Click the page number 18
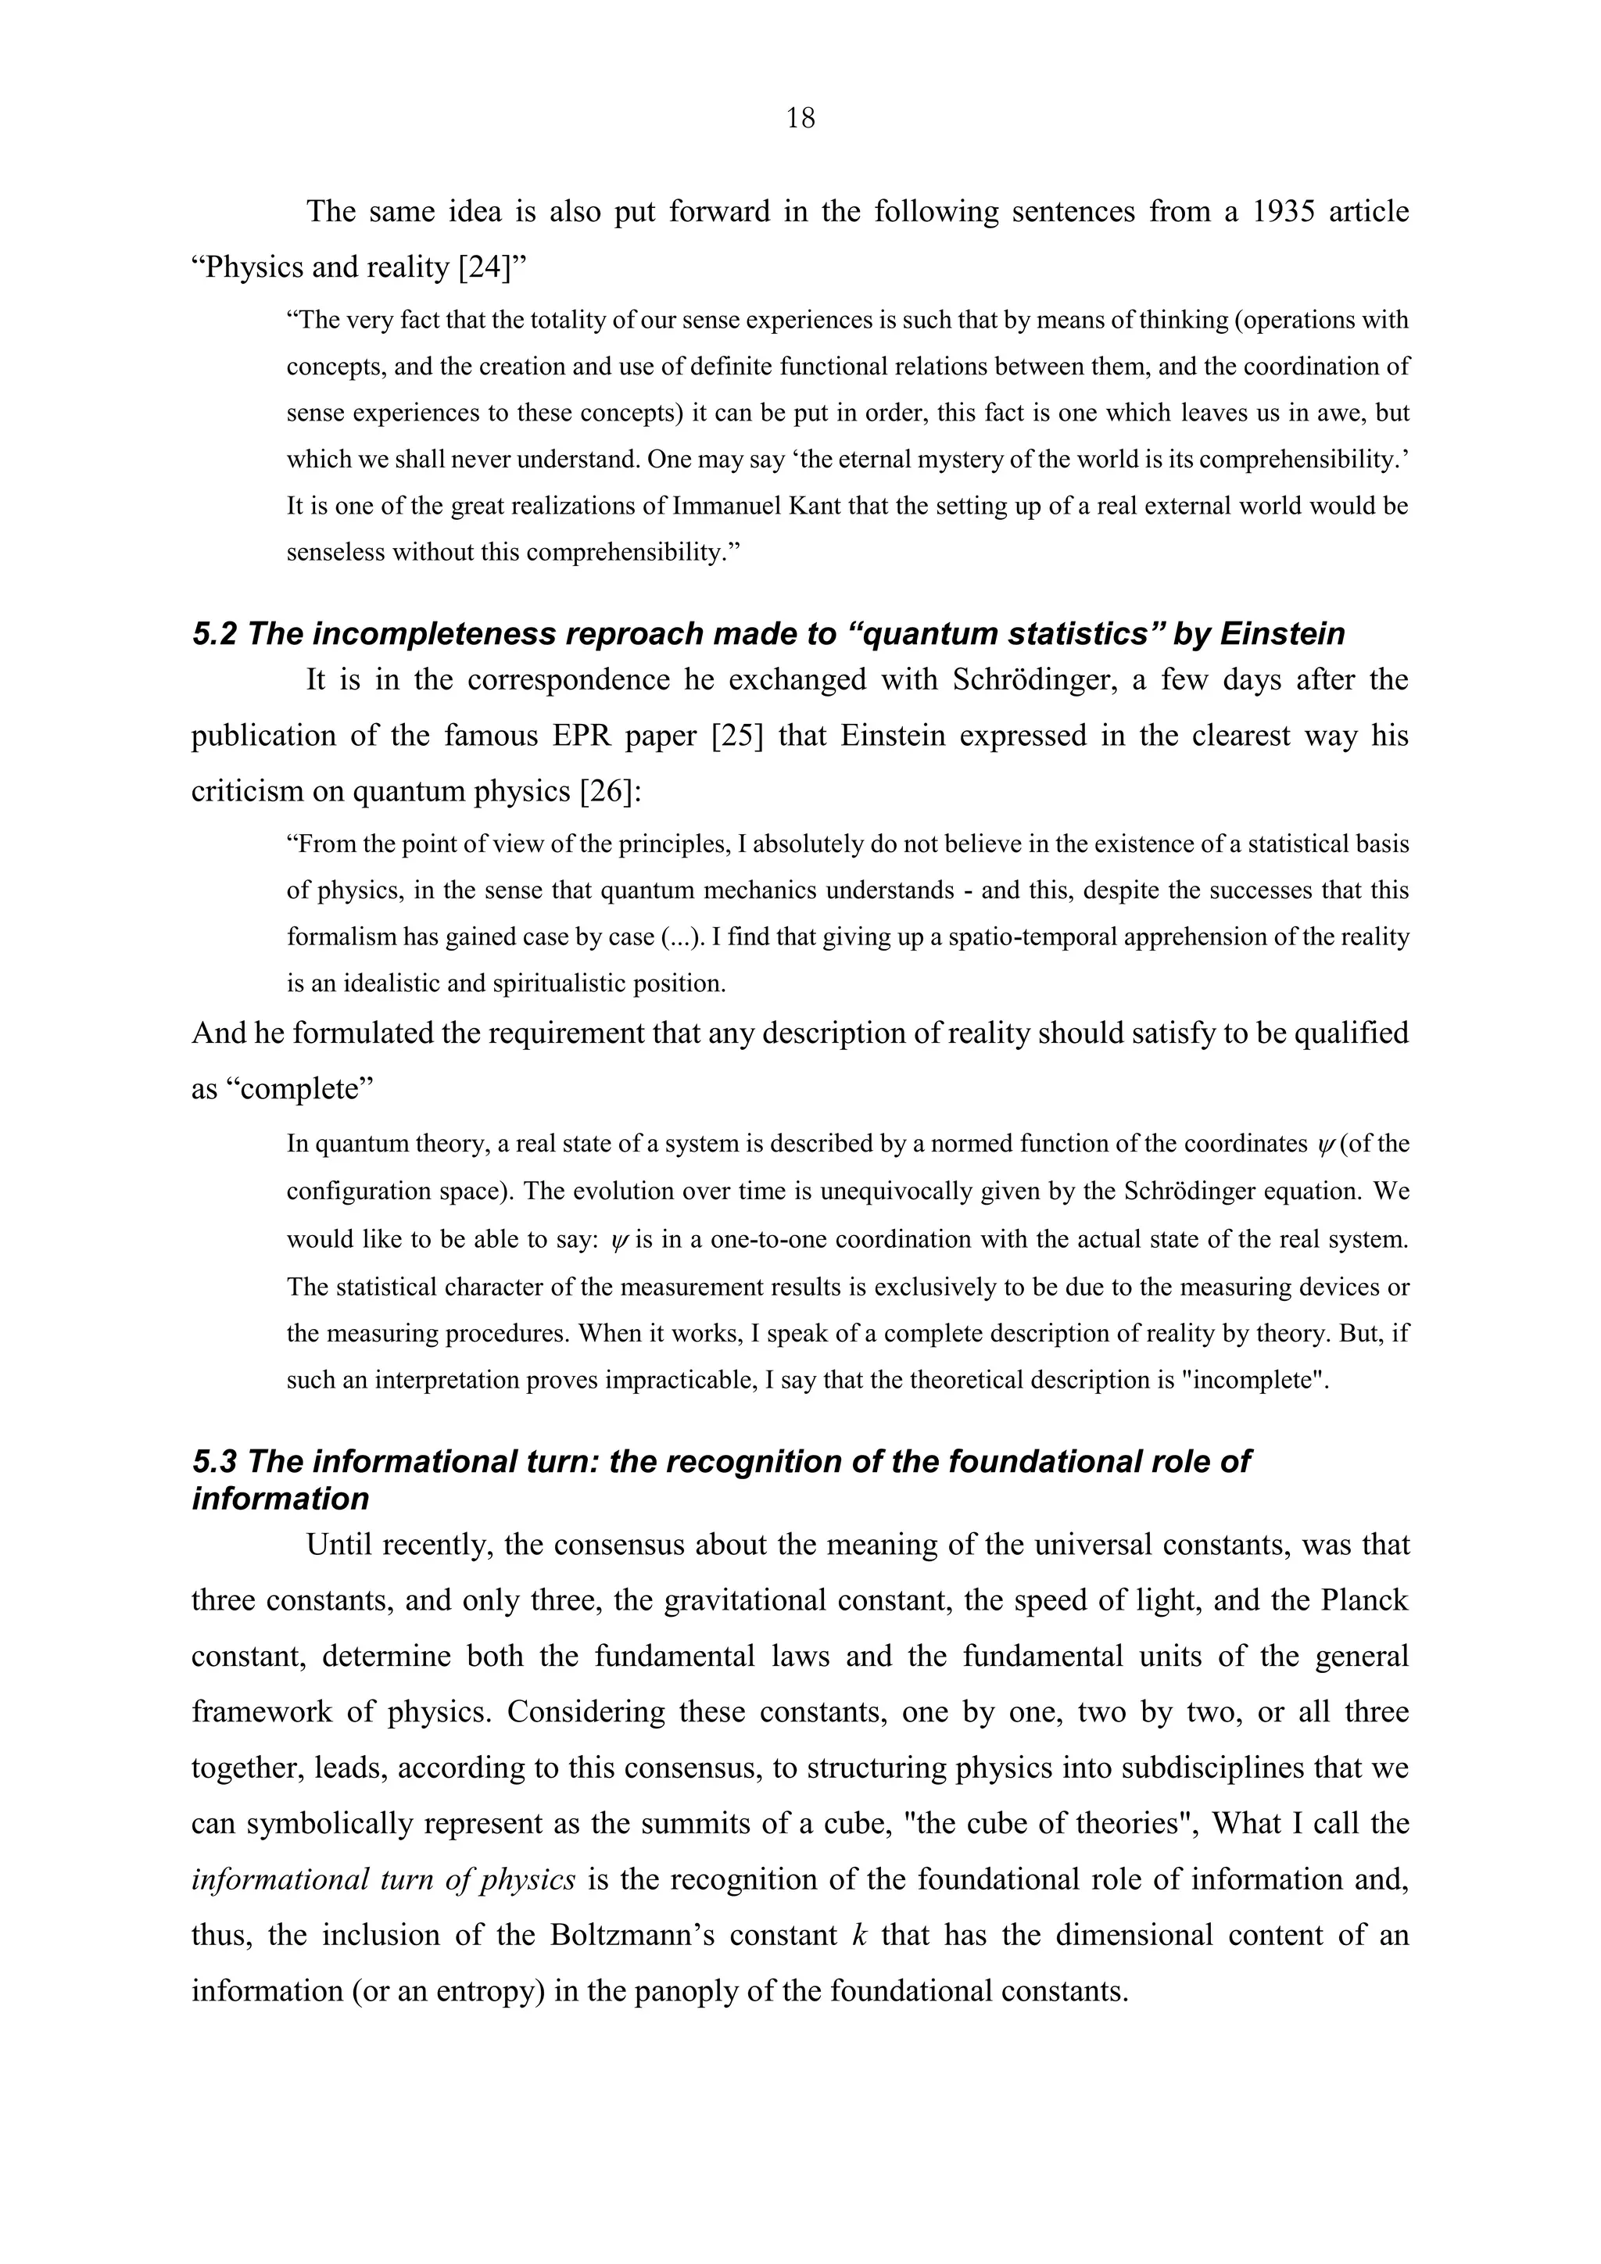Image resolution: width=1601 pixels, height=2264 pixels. pyautogui.click(x=800, y=118)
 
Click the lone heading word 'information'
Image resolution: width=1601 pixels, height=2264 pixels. pyautogui.click(x=280, y=1499)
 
